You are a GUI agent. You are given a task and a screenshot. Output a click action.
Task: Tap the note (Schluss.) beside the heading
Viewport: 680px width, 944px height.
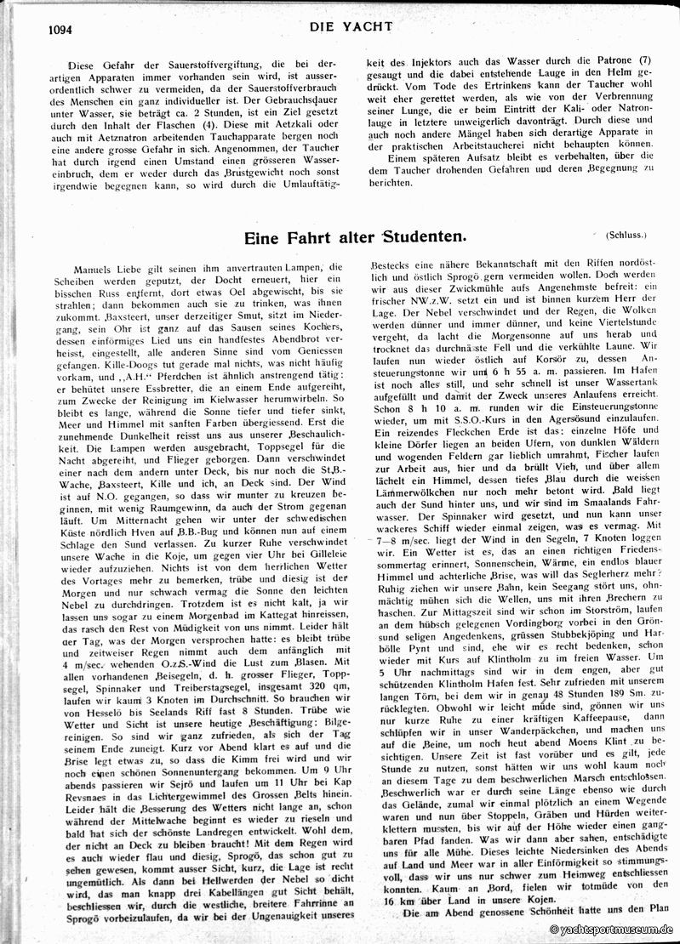(627, 233)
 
